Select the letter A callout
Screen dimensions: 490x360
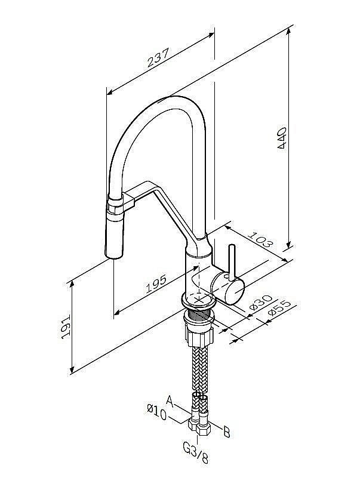click(x=169, y=399)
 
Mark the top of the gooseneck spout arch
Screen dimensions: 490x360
click(x=173, y=99)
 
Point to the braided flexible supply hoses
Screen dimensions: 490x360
click(x=198, y=370)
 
